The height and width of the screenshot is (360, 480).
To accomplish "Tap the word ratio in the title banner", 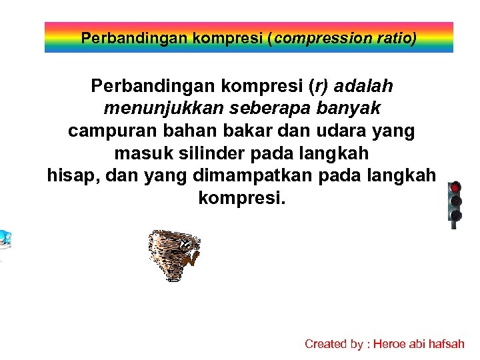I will tap(394, 38).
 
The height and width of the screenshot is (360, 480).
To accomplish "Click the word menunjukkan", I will tap(161, 109).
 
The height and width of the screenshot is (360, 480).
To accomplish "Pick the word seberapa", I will tap(264, 109).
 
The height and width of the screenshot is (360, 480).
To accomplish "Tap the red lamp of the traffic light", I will tap(456, 188).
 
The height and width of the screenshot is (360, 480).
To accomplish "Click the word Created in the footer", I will tap(325, 344).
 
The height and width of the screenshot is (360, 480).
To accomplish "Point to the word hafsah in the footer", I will tap(447, 344).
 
